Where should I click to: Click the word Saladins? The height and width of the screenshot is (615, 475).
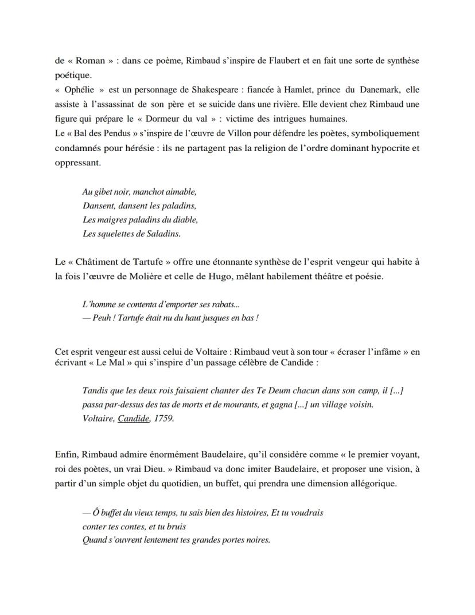coord(162,233)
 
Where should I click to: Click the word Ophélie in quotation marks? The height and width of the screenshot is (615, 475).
coord(78,90)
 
